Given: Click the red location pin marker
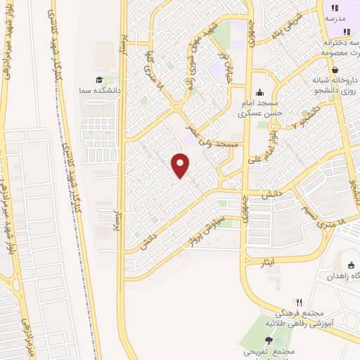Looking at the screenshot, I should coord(181,165).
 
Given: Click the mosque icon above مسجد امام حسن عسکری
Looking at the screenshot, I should coord(260,92).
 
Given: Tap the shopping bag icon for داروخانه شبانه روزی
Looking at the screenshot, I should coord(336,70).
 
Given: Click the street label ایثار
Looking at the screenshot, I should coord(270,262).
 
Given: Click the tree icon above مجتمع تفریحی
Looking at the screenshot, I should coord(268,340).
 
